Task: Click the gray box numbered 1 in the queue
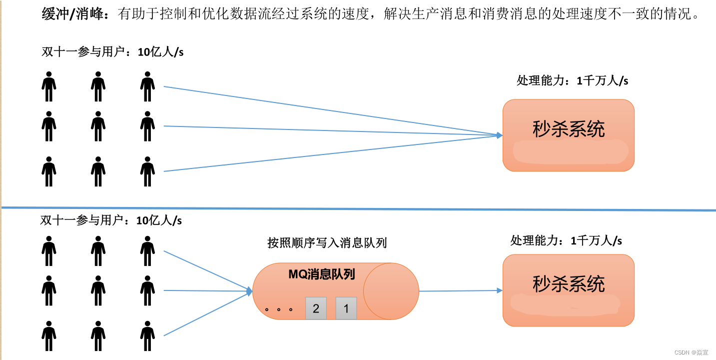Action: [x=346, y=308]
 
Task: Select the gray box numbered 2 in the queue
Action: [x=316, y=308]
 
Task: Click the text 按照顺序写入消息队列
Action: [x=327, y=243]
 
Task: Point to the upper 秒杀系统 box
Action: [x=568, y=135]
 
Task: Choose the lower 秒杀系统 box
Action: [x=568, y=290]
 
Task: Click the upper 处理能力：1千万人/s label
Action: [x=572, y=80]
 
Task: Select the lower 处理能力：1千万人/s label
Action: [x=566, y=240]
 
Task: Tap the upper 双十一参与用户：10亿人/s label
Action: [x=112, y=51]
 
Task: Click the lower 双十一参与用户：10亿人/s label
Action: [x=111, y=220]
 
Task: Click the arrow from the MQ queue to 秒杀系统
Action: [x=460, y=290]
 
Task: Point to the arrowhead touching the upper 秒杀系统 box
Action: [x=499, y=135]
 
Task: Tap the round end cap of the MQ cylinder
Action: [x=391, y=291]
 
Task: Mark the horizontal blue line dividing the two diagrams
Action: [x=358, y=208]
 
